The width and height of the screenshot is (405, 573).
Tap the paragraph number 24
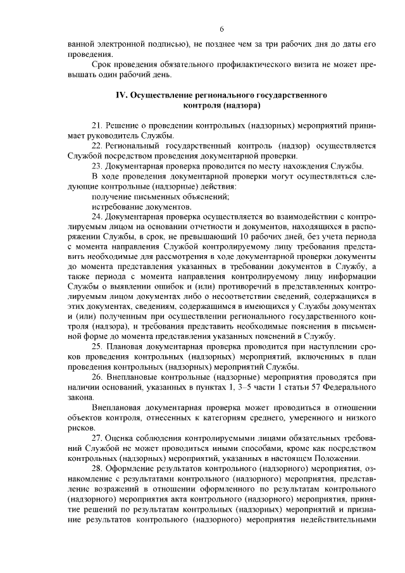coord(97,215)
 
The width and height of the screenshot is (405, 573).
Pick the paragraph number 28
coord(97,468)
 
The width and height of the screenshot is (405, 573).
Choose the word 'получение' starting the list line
coord(111,196)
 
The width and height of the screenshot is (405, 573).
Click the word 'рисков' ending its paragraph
coord(80,427)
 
